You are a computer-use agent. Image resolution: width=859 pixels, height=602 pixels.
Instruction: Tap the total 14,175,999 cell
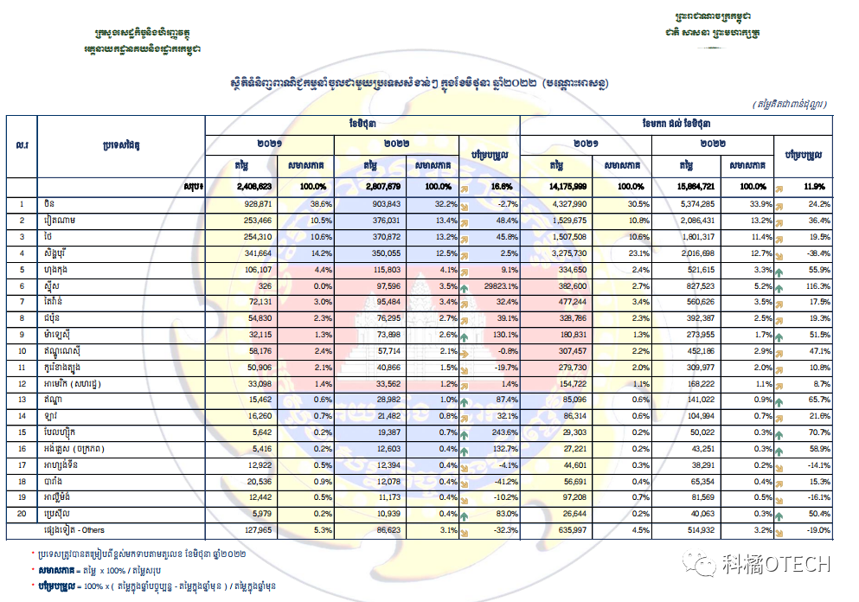568,186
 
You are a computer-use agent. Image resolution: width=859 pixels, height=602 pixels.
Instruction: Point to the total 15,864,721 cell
696,186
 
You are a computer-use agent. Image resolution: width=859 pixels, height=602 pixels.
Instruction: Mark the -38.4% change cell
817,253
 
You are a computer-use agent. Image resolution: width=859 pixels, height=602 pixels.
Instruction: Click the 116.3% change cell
817,285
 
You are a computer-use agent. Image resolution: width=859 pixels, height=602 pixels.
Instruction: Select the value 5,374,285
696,204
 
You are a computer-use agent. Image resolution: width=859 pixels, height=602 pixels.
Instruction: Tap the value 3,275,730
568,253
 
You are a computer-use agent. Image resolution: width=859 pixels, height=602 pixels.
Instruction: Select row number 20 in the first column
22,515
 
